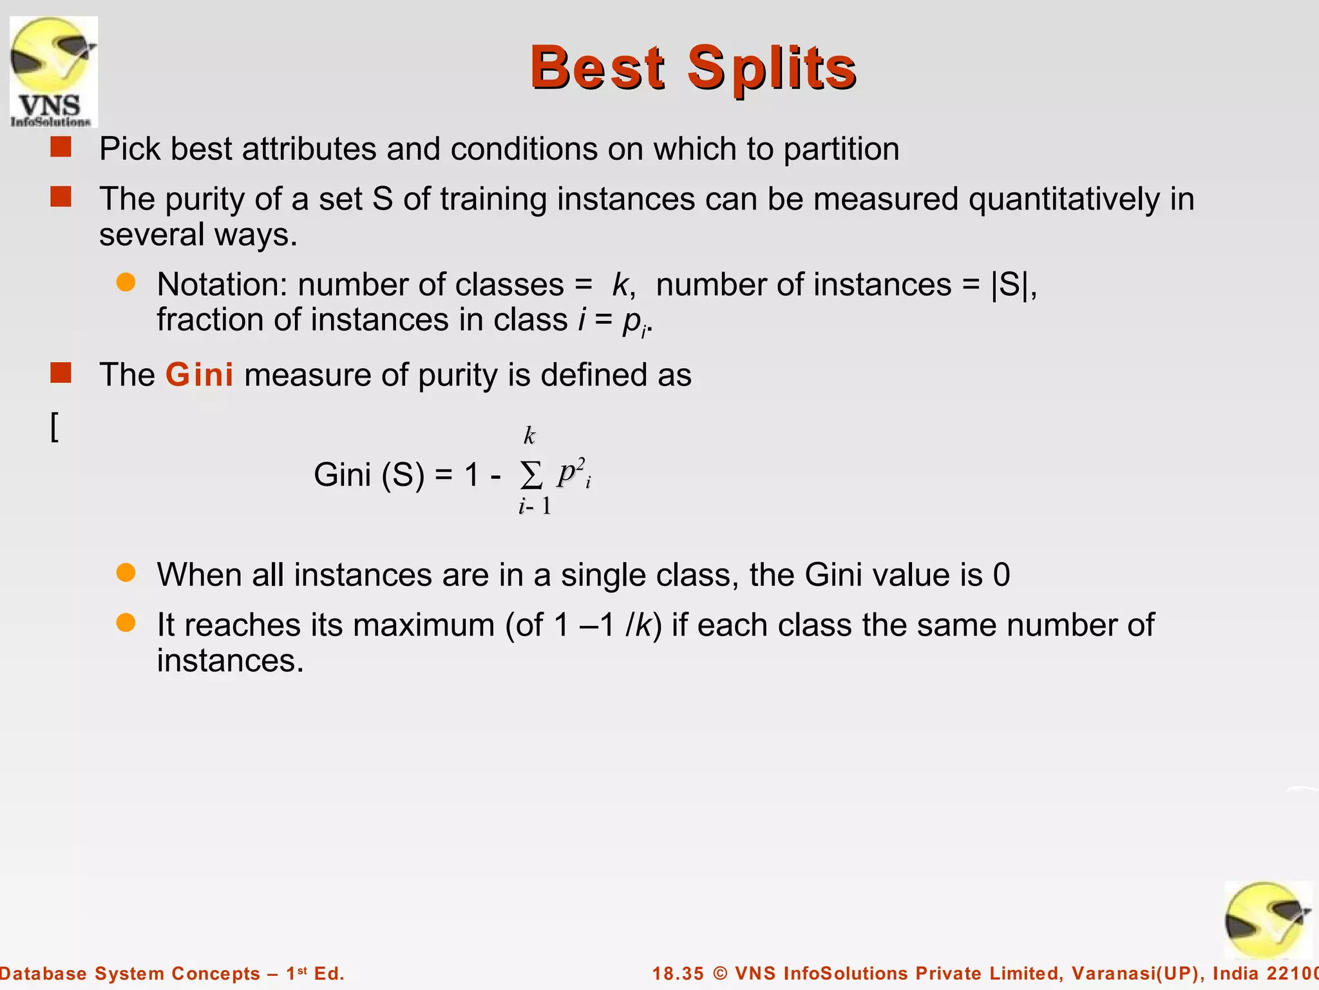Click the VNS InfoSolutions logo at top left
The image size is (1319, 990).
(x=53, y=72)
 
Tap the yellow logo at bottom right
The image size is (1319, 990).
(x=1267, y=920)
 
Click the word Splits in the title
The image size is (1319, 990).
(x=771, y=68)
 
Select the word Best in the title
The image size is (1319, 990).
(x=597, y=68)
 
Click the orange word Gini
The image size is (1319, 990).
(x=199, y=375)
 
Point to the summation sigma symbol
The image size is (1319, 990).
(x=531, y=476)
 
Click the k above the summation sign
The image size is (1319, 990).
(x=529, y=436)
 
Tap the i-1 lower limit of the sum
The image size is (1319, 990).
(x=535, y=507)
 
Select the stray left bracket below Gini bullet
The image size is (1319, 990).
(x=55, y=427)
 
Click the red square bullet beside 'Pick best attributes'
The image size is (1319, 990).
(x=61, y=147)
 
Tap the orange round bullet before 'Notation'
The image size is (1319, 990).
(x=126, y=282)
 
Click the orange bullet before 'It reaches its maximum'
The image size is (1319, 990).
(x=126, y=623)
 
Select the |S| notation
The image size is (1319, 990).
(x=1009, y=285)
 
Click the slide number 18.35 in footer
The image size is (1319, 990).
(x=678, y=973)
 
